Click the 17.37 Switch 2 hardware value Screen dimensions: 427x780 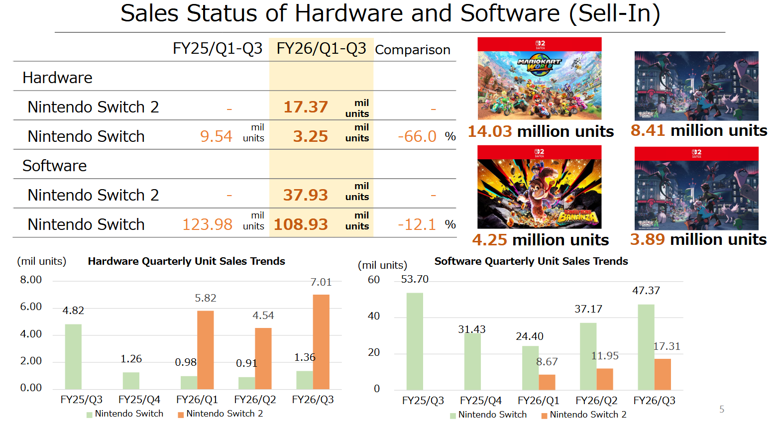[x=306, y=107]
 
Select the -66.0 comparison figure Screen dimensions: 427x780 [x=417, y=136]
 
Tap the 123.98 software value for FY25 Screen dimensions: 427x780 [x=207, y=224]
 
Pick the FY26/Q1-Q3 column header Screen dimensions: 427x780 [x=321, y=49]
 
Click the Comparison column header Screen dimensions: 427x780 [x=412, y=50]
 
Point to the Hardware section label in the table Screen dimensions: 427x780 [x=57, y=78]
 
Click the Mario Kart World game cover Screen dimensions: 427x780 [x=539, y=78]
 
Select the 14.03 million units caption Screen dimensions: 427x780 [x=541, y=131]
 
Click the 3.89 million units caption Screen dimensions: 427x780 [x=698, y=239]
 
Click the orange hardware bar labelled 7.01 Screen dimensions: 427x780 [x=321, y=341]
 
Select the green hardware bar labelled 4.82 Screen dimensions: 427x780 [x=73, y=356]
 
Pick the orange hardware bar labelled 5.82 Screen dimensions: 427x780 [x=205, y=349]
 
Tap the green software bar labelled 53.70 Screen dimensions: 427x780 [x=415, y=341]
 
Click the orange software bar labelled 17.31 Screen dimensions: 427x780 [x=663, y=374]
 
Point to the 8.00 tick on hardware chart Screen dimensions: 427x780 [x=31, y=280]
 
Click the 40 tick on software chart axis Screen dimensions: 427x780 [x=374, y=316]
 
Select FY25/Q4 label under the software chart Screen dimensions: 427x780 [x=480, y=401]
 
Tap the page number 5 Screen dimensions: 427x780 [x=722, y=409]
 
